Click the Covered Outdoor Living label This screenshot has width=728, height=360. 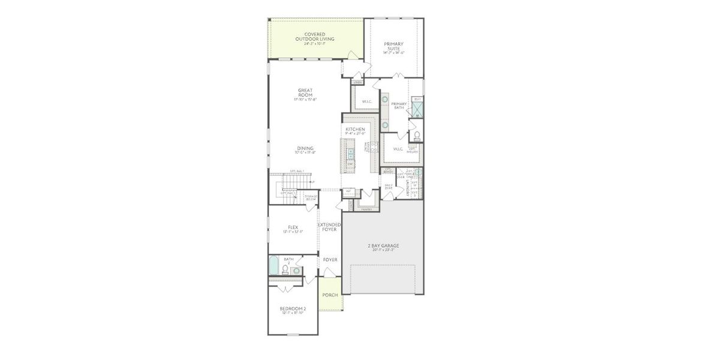click(318, 37)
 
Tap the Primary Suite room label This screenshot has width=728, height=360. click(393, 46)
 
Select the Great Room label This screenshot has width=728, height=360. click(305, 93)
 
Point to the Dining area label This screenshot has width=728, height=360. click(305, 149)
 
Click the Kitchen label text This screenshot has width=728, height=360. click(355, 130)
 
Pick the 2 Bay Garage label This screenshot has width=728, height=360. click(383, 246)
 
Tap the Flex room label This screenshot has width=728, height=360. click(293, 228)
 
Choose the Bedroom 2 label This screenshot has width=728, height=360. click(293, 310)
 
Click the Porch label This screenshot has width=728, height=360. click(330, 295)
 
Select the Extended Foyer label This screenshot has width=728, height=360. click(330, 227)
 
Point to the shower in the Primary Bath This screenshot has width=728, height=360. click(417, 109)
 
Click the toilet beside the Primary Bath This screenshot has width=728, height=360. click(417, 135)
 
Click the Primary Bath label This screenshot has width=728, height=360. click(399, 106)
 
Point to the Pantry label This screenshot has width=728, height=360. click(366, 209)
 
